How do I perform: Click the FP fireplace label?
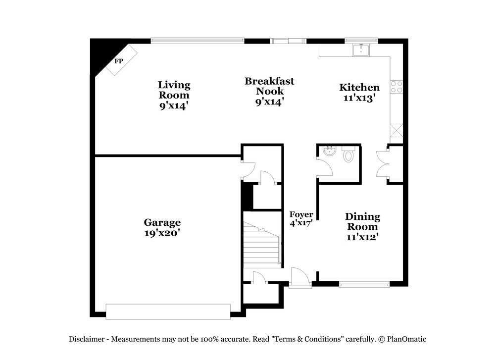118,61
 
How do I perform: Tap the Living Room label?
174,95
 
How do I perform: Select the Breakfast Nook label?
269,91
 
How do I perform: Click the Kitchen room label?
359,88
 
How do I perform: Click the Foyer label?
301,214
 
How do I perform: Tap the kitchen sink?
360,50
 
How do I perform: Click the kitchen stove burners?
396,87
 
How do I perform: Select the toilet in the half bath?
348,156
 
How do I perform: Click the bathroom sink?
327,151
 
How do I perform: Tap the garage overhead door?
168,311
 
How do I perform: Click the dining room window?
364,284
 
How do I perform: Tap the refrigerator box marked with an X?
396,131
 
